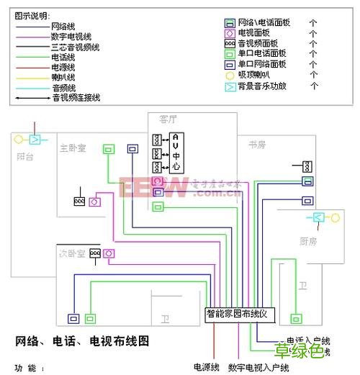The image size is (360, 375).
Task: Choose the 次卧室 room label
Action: click(x=72, y=253)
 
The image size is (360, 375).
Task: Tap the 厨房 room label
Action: click(x=308, y=241)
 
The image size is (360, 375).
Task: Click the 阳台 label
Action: click(x=25, y=156)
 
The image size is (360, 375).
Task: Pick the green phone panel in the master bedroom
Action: click(x=108, y=150)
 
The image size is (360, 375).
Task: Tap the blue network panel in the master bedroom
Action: click(x=132, y=149)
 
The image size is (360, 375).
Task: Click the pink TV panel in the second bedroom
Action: click(x=109, y=253)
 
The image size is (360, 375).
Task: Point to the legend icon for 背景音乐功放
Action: click(x=229, y=86)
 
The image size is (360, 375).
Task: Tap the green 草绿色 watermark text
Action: click(x=300, y=352)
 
